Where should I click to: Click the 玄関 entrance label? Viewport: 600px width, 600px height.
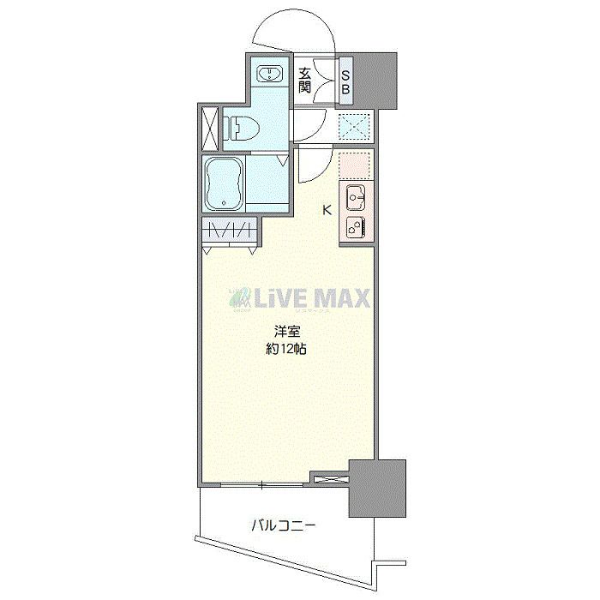click(304, 80)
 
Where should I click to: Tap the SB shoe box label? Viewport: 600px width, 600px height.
click(345, 82)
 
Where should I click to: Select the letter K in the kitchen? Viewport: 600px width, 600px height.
click(327, 210)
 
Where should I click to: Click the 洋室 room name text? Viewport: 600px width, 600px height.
click(286, 332)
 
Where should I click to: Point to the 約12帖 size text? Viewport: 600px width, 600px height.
click(286, 349)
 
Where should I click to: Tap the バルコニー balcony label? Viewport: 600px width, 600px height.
click(284, 525)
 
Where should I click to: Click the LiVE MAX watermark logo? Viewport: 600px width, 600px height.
click(299, 298)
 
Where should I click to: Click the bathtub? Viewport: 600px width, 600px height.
click(225, 183)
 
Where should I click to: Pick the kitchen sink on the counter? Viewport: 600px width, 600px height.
click(356, 197)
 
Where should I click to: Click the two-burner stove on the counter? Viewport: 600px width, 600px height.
click(356, 227)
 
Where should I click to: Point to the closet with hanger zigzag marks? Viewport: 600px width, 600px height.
click(229, 231)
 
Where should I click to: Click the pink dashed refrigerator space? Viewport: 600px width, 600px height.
click(356, 166)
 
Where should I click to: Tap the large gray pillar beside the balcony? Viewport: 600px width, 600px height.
click(377, 489)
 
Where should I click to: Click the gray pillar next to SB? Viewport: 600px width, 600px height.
click(375, 80)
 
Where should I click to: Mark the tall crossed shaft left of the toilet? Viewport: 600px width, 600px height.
click(210, 129)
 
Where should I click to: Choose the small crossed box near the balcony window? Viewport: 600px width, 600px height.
click(332, 478)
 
